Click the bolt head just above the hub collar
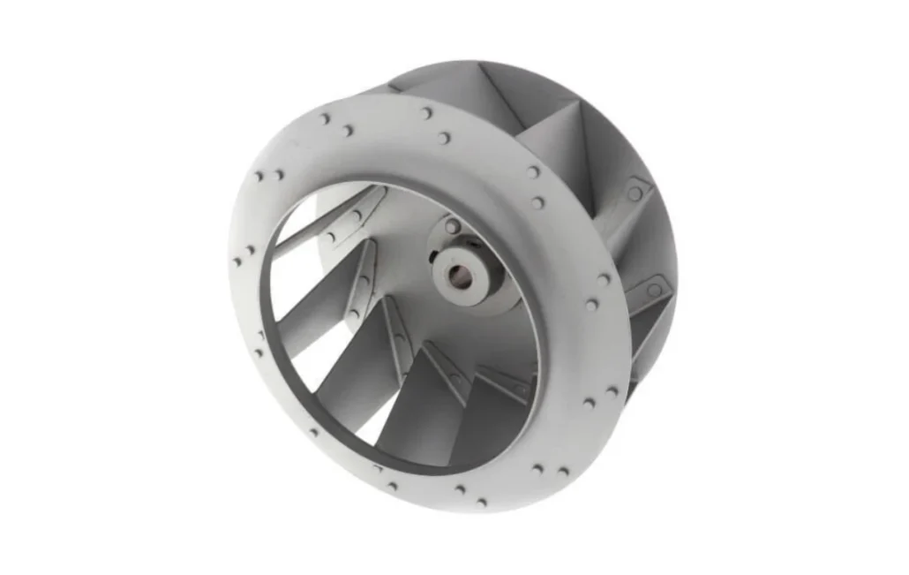click(453, 227)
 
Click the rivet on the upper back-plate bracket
click(635, 193)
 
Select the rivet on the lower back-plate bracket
click(654, 289)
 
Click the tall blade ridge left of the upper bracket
click(583, 159)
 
